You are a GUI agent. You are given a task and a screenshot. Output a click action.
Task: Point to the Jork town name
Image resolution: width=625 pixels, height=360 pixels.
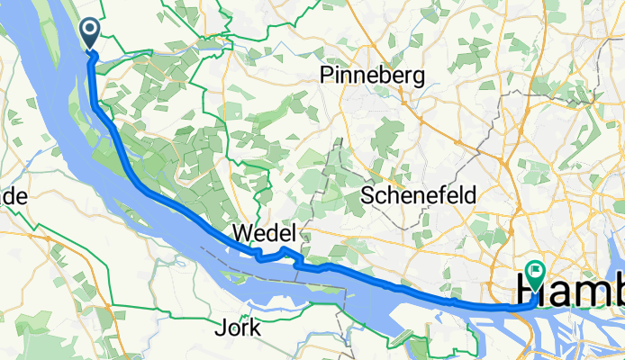(x=239, y=328)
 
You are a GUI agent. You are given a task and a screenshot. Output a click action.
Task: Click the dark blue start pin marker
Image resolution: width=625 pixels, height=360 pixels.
(x=92, y=33)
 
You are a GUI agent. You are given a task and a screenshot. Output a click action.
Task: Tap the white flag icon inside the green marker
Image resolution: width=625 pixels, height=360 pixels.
(x=537, y=268)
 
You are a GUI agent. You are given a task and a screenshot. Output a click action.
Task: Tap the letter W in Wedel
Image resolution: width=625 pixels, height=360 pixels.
(x=240, y=233)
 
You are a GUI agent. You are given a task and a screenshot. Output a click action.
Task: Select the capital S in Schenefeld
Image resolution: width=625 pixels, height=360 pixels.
(x=367, y=195)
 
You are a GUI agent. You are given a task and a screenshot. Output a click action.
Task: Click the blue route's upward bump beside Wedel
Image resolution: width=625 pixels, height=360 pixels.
(x=284, y=248)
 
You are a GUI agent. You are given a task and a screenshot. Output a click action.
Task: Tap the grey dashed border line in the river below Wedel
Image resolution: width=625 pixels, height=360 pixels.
(x=297, y=278)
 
